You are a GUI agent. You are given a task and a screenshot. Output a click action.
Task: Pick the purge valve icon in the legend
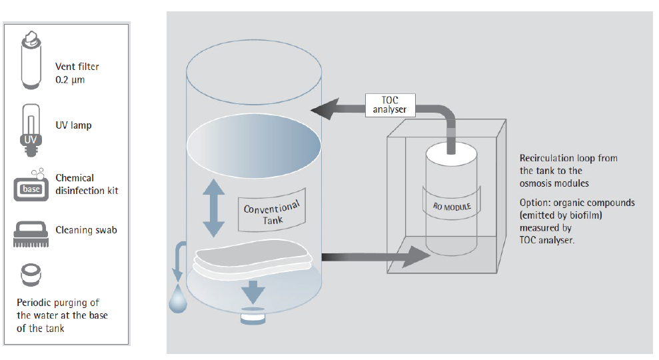[31, 273]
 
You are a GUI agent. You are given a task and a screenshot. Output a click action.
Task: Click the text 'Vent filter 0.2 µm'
[77, 73]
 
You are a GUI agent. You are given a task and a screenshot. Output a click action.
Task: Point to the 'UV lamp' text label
[74, 125]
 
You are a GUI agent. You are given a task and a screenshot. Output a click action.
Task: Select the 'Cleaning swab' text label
[86, 230]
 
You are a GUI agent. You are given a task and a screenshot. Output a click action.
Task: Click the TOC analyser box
[390, 105]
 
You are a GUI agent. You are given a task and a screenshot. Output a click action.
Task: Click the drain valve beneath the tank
[253, 317]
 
